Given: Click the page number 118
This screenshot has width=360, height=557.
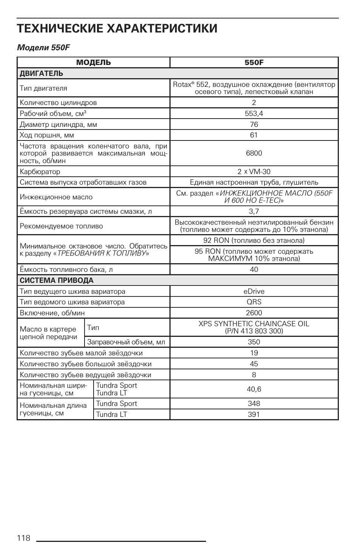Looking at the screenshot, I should [x=23, y=538].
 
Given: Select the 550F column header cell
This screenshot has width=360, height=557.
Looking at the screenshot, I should [x=254, y=63].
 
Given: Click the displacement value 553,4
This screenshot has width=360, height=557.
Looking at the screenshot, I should [x=254, y=113].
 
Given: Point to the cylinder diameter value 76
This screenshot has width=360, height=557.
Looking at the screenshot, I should [x=254, y=124].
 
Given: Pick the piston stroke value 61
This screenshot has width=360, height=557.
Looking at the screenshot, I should [x=254, y=135].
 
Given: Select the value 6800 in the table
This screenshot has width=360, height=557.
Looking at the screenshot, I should [x=254, y=153].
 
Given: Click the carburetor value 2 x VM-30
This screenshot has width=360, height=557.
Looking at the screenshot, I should [x=254, y=171].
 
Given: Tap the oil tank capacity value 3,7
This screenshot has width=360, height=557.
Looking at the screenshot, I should [x=254, y=211].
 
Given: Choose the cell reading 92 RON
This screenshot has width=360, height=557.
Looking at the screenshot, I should [x=254, y=240].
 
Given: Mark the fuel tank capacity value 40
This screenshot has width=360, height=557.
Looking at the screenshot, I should [x=254, y=269].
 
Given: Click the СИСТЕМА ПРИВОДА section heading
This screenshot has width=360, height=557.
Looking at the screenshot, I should [x=57, y=280].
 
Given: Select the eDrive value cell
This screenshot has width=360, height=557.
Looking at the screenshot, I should [x=254, y=291].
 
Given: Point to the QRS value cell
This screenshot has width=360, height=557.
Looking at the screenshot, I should [x=254, y=302].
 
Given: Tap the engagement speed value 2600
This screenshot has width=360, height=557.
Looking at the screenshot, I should [x=254, y=313].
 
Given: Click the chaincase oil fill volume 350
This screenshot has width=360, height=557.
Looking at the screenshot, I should [x=254, y=342].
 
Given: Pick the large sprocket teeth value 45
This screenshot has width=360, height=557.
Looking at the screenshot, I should [x=254, y=364].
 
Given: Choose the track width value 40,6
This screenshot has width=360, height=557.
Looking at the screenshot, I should [x=254, y=389].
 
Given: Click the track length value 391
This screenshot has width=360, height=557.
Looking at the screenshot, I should [x=254, y=414].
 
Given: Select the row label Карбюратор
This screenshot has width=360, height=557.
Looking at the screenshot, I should [x=40, y=172].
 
